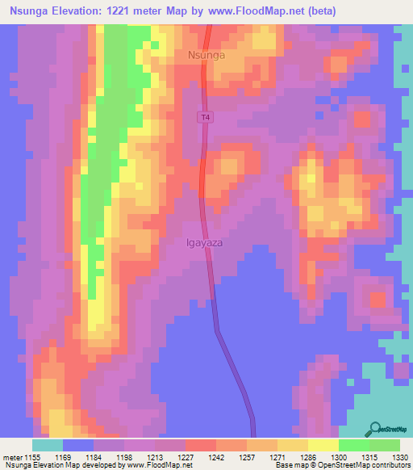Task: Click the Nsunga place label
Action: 206,56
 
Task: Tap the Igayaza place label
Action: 207,241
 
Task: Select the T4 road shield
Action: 206,118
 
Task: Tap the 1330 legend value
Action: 400,456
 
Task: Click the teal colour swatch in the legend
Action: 48,445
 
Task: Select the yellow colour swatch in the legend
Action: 323,445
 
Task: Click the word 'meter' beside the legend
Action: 14,456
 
